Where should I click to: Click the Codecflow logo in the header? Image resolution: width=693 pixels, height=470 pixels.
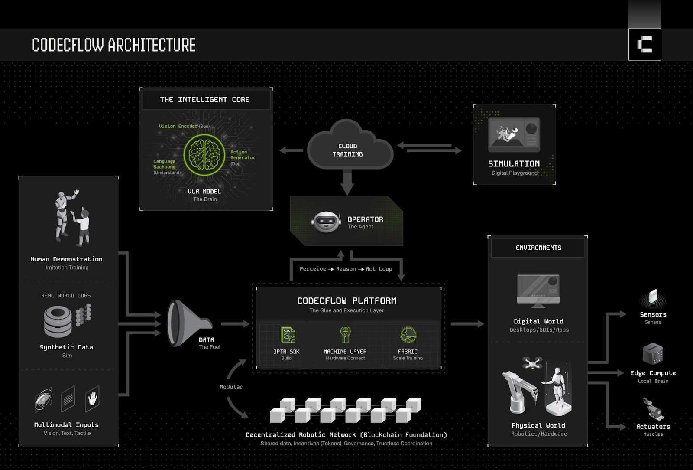pos(644,45)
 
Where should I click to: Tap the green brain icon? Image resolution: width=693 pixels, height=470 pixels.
pos(204,154)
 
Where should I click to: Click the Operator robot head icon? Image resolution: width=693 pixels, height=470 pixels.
pos(325,222)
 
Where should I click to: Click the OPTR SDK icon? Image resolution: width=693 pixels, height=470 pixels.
pos(287,335)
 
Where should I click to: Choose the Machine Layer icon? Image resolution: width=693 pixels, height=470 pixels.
pos(345,335)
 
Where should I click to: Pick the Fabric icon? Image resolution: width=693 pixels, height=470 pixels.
pos(408,335)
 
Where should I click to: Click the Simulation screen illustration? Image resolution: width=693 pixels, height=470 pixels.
pos(514,134)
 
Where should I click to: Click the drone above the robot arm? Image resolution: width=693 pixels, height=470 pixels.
pos(532,363)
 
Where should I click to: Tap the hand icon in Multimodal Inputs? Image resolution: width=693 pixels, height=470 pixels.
pos(92,397)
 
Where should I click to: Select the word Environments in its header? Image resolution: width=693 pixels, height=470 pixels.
pos(538,248)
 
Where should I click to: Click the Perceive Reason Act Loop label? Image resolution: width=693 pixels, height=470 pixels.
pos(346,269)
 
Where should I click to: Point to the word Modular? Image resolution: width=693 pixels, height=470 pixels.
pos(231,387)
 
